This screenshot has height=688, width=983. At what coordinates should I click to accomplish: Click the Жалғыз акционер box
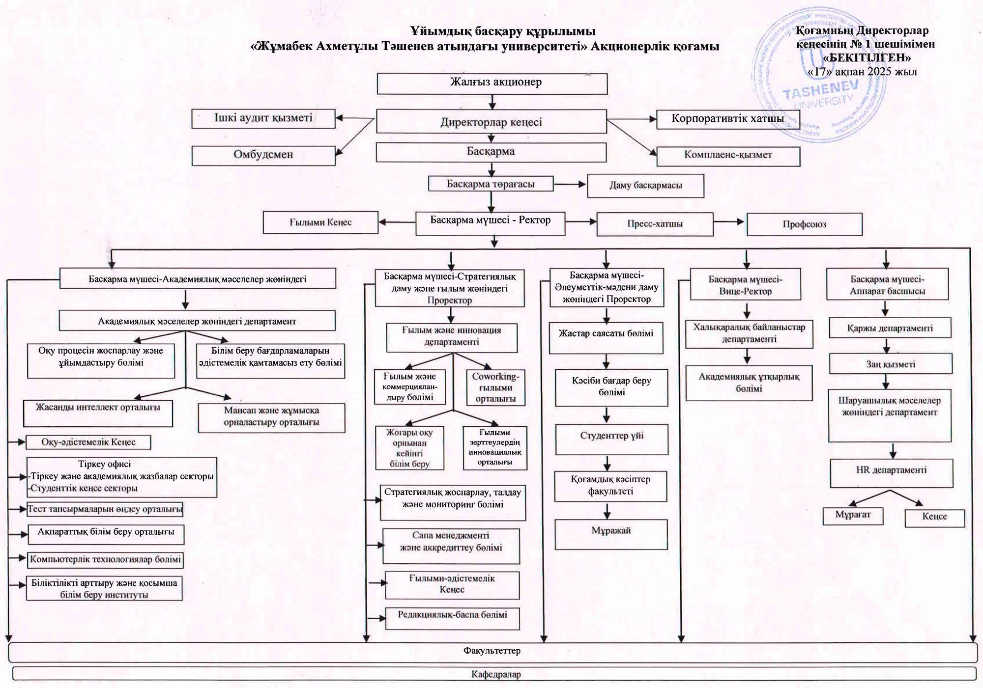(x=492, y=83)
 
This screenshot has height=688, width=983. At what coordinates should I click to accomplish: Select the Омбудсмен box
(x=263, y=155)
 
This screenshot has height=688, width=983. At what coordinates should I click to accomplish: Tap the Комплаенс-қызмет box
(x=728, y=156)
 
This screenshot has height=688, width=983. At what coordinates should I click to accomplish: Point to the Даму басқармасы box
(x=645, y=186)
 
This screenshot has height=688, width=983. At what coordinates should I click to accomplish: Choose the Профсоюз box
(x=804, y=224)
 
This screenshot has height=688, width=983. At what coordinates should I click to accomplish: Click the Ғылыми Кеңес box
(x=320, y=222)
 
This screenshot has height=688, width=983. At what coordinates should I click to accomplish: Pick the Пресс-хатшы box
(x=655, y=224)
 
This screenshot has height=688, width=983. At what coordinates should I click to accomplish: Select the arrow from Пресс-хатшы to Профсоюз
(x=729, y=222)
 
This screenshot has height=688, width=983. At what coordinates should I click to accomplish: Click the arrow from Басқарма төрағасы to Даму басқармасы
(x=570, y=185)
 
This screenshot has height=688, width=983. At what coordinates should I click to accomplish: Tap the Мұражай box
(x=611, y=534)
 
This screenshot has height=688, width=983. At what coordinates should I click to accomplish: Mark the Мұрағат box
(x=853, y=515)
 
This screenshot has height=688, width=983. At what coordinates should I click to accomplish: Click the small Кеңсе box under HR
(x=934, y=517)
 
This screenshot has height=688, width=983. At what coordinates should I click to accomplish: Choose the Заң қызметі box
(x=891, y=364)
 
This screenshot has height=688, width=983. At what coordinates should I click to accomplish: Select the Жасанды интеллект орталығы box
(x=98, y=413)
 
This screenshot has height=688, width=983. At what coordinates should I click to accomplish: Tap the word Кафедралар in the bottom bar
(x=496, y=674)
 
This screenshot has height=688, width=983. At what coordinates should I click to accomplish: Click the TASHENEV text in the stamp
(x=820, y=90)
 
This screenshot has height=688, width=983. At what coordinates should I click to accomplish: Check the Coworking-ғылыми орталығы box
(x=495, y=387)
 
